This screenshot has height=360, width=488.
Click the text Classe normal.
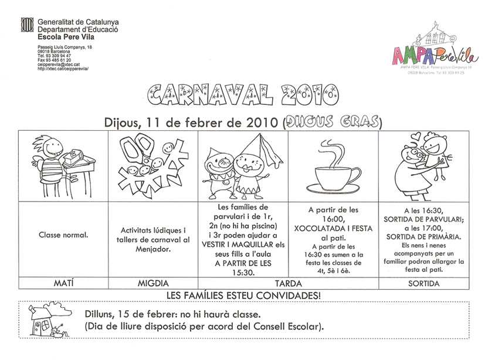[63, 236]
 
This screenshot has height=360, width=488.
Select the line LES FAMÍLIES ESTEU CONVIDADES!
[243, 294]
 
